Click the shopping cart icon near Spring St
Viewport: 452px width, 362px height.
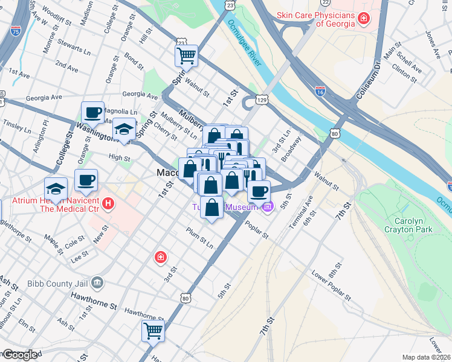187,56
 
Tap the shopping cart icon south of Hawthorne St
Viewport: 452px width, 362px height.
153,330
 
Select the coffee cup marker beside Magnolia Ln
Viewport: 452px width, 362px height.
94,112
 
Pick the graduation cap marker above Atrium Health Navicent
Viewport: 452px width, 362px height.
56,188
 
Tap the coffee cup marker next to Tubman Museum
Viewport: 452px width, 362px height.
259,191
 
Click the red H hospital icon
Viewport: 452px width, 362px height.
108,204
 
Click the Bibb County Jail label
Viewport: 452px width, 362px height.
61,282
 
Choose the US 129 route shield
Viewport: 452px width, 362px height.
261,98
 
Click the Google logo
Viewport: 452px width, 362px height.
19,355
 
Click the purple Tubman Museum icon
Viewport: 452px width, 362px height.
268,208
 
